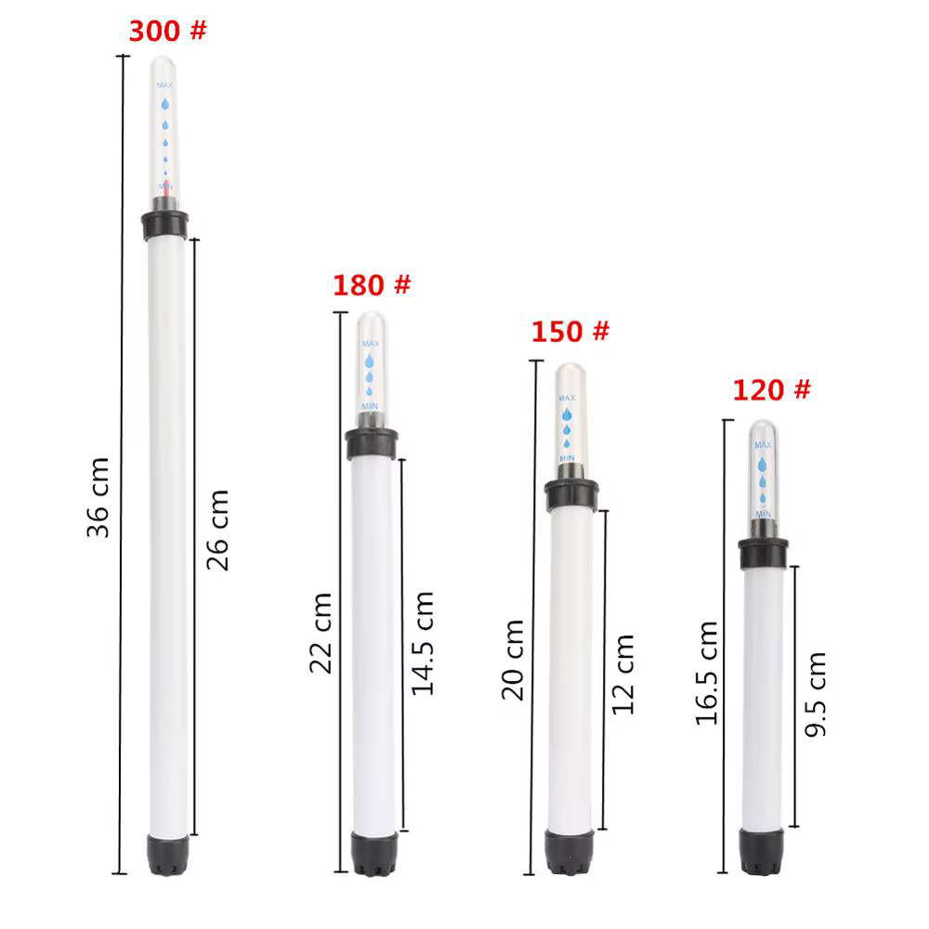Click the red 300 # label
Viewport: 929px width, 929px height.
167,31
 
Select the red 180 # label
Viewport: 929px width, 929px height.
372,285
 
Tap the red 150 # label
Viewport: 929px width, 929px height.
570,332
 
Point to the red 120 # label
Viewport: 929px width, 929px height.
771,390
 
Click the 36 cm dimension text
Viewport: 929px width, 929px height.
98,498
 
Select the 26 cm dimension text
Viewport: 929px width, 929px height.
217,530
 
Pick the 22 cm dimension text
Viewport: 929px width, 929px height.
321,633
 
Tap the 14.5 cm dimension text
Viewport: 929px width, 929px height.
423,643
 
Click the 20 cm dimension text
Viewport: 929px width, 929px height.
513,660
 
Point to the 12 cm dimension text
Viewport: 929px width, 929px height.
622,674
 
